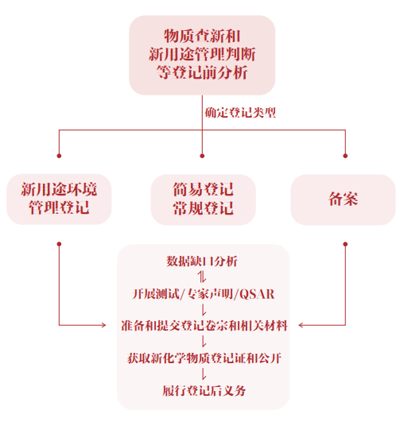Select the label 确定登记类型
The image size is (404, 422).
pyautogui.click(x=240, y=114)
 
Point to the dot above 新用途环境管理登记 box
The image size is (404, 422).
pyautogui.click(x=59, y=154)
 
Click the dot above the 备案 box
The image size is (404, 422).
pyautogui.click(x=344, y=154)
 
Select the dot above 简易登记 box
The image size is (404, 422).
pyautogui.click(x=202, y=154)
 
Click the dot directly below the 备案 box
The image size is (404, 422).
pyautogui.click(x=344, y=242)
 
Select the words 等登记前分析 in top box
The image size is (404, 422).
pyautogui.click(x=202, y=72)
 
